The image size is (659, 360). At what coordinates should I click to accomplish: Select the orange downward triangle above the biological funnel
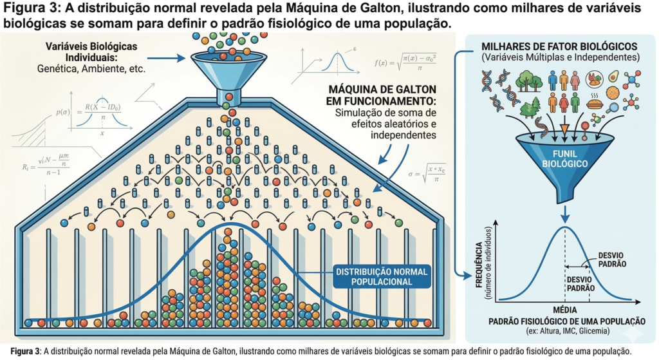tap(564, 128)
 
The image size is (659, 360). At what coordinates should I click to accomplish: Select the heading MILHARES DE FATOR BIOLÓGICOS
tap(560, 47)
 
